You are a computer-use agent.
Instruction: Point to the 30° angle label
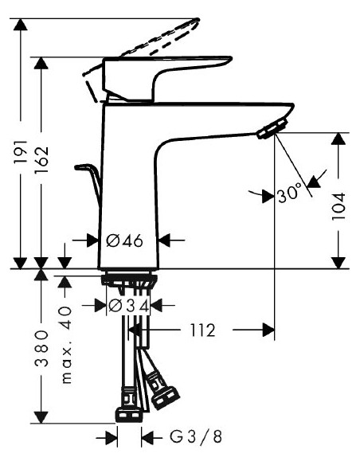pos(290,193)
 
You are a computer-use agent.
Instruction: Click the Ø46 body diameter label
pos(126,240)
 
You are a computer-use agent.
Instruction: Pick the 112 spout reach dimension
pos(203,330)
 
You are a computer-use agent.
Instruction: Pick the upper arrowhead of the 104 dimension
pos(339,140)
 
